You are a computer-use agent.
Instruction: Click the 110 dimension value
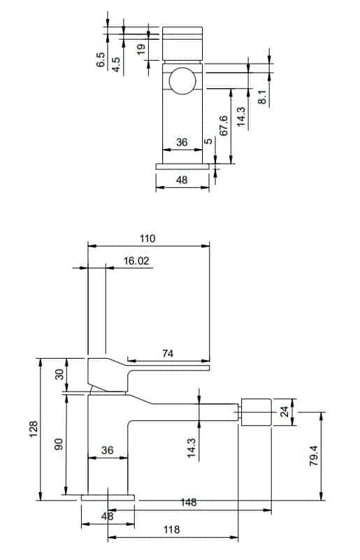[x=147, y=238]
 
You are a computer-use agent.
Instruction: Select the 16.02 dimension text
[x=136, y=261]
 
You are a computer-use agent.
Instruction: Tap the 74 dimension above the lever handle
[x=168, y=353]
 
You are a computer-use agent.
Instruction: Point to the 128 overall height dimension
[x=34, y=429]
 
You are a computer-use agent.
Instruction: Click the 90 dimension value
[x=59, y=443]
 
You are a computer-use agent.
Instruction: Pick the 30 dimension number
[x=59, y=374]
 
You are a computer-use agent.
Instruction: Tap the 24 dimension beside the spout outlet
[x=285, y=412]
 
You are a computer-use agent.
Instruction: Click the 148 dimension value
[x=188, y=502]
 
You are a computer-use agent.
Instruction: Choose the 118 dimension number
[x=171, y=529]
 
